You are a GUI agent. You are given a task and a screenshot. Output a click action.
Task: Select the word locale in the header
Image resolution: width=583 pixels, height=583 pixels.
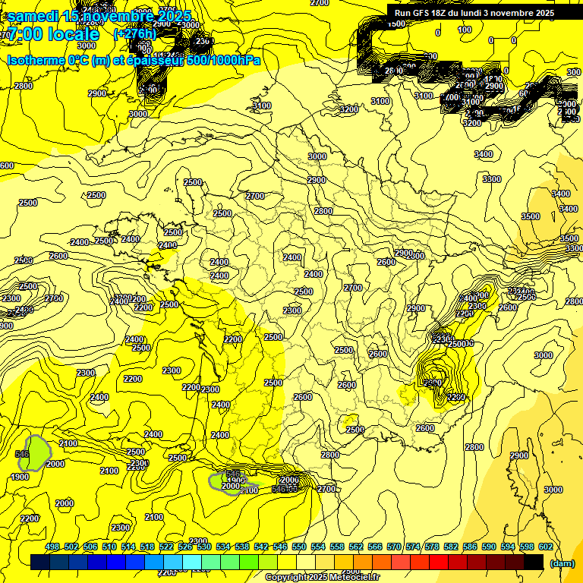pos(74,34)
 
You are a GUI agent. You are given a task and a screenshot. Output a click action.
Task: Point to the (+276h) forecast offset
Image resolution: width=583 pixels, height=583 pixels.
pos(134,33)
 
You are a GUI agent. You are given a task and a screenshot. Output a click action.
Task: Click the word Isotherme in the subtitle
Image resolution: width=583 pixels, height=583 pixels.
pos(35,60)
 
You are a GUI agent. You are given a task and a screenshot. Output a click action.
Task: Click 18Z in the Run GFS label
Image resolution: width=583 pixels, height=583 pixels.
pos(450,13)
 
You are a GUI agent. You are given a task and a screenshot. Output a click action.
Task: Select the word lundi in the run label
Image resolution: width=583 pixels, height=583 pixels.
pos(486,13)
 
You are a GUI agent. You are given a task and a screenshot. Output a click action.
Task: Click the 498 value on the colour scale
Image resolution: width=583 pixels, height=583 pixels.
pos(52,547)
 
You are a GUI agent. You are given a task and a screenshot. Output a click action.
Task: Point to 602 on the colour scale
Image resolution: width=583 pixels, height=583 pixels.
pos(545,547)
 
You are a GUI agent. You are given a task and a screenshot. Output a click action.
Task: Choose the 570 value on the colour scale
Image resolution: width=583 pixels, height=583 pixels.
pos(413,547)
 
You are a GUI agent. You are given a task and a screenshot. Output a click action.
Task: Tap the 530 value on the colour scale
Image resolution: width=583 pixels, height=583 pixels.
pos(204,547)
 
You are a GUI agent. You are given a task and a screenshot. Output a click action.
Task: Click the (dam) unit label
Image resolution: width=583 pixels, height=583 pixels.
pos(563,563)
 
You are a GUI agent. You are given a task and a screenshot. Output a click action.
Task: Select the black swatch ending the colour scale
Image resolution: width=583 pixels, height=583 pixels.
pos(534,562)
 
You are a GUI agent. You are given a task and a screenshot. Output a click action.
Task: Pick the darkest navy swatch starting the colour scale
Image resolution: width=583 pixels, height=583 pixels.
pos(40,562)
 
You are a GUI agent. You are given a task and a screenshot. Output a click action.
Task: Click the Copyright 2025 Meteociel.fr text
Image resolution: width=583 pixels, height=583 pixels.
pos(321,577)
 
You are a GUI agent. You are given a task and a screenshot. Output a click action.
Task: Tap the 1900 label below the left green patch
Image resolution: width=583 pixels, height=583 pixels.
pos(20,477)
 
